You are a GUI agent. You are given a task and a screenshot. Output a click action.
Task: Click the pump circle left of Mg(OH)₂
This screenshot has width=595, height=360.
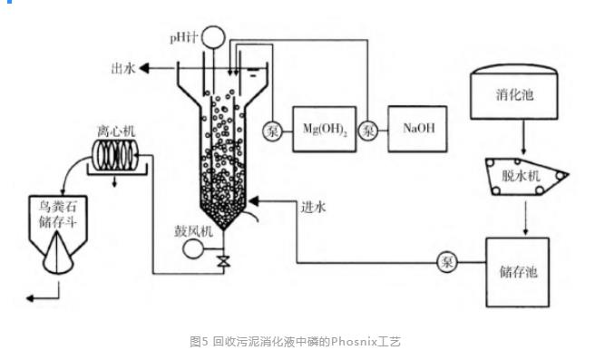click(x=273, y=131)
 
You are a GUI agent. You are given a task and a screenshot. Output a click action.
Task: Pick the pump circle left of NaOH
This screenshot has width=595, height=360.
click(x=368, y=131)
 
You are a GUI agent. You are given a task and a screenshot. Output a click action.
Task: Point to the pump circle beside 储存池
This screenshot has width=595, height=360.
click(x=446, y=262)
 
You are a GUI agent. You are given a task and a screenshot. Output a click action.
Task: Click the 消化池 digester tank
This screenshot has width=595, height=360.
click(x=514, y=92)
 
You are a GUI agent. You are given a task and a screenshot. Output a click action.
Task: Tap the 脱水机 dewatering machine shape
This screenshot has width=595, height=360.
click(x=527, y=176)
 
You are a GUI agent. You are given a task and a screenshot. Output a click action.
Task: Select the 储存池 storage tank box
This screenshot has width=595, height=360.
click(x=518, y=272)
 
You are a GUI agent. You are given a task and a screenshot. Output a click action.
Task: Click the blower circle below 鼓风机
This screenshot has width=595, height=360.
click(x=193, y=248)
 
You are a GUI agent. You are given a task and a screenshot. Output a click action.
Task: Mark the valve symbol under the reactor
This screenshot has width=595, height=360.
click(x=223, y=261)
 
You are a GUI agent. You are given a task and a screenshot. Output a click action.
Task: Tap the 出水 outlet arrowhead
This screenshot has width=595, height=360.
click(x=144, y=68)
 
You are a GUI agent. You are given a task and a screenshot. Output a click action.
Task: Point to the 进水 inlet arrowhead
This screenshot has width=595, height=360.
click(x=253, y=201)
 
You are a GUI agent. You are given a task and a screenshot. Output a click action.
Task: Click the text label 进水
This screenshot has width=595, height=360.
click(x=314, y=207)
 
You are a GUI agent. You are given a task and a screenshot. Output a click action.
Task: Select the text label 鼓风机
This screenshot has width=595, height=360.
click(x=193, y=231)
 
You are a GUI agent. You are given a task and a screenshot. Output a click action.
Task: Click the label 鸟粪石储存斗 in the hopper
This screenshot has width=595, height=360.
click(x=58, y=214)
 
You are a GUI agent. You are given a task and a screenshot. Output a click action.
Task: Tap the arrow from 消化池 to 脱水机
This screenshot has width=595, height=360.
click(x=523, y=137)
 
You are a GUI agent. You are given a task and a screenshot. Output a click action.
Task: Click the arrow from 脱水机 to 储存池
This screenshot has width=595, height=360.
click(x=525, y=219)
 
